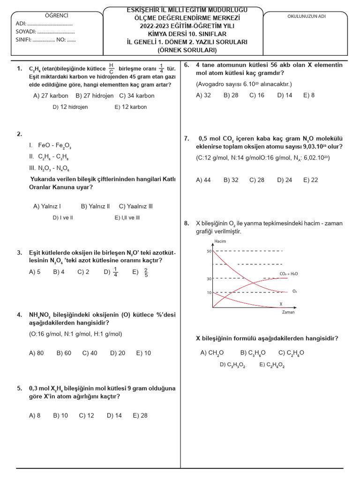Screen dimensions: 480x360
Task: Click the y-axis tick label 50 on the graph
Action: point(209,251)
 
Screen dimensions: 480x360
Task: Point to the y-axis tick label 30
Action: point(209,279)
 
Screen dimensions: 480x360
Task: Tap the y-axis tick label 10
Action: point(209,292)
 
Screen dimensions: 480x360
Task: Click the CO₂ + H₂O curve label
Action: point(288,273)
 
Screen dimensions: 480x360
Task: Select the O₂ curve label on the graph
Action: point(294,291)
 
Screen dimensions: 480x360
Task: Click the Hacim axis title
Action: point(220,241)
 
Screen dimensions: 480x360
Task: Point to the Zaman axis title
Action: point(288,312)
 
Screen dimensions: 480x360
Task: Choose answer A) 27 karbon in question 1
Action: point(51,96)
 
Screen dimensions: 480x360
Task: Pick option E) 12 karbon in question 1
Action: point(130,107)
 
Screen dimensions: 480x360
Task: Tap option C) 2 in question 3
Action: point(83,272)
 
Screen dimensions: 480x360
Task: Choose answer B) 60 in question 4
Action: point(64,353)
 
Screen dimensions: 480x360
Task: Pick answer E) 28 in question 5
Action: point(140,415)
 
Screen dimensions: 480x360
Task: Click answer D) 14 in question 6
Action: point(285,95)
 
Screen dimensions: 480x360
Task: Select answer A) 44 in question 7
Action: point(203,180)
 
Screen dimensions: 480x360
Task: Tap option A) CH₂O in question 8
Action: point(212,353)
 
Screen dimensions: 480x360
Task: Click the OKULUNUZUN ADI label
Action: point(306,16)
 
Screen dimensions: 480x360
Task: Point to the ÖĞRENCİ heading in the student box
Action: point(56,15)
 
